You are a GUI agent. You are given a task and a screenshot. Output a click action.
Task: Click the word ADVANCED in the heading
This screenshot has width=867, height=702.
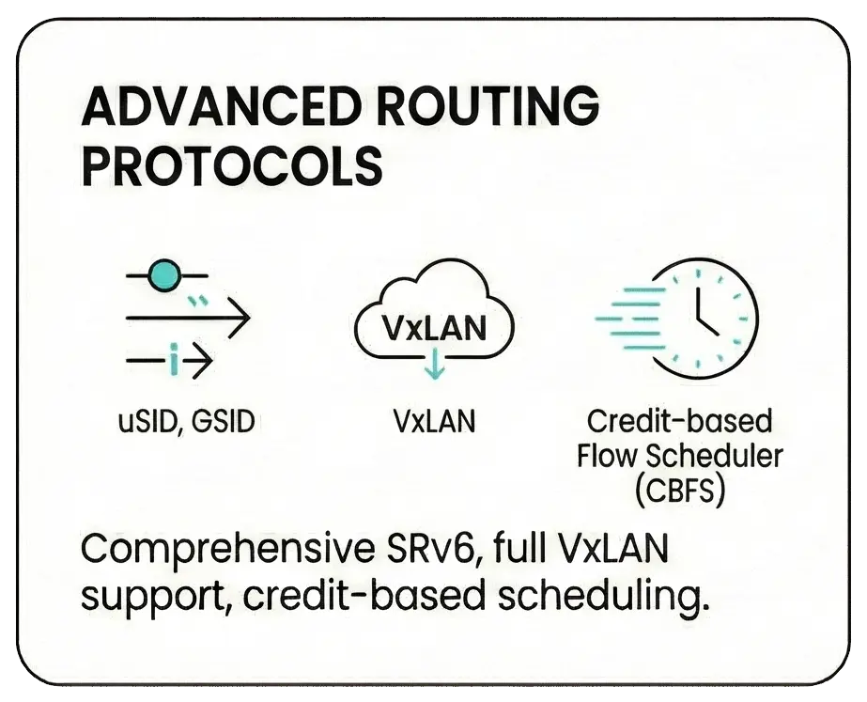click(x=220, y=106)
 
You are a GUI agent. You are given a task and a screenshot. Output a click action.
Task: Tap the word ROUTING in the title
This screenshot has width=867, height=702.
click(x=488, y=106)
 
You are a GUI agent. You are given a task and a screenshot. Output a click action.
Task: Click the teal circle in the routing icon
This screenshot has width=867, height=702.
click(x=164, y=275)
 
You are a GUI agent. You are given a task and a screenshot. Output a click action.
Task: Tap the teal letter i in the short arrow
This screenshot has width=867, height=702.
click(x=174, y=360)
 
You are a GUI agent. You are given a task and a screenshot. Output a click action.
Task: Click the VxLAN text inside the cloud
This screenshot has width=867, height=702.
click(x=435, y=328)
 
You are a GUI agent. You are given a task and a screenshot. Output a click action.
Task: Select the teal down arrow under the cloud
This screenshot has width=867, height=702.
click(x=435, y=364)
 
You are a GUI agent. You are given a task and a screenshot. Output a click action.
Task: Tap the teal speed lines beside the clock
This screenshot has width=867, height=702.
click(x=630, y=320)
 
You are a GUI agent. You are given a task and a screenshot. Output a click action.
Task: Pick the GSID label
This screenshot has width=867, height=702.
click(x=224, y=422)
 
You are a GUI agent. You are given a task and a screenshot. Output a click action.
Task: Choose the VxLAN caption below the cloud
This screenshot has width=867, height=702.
click(x=435, y=422)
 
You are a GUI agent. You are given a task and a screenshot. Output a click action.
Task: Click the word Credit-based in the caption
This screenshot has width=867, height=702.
click(x=679, y=422)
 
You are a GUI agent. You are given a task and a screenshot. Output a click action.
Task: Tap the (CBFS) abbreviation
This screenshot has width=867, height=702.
click(x=679, y=491)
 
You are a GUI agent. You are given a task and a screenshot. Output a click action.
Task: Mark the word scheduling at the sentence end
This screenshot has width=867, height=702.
click(x=603, y=597)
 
